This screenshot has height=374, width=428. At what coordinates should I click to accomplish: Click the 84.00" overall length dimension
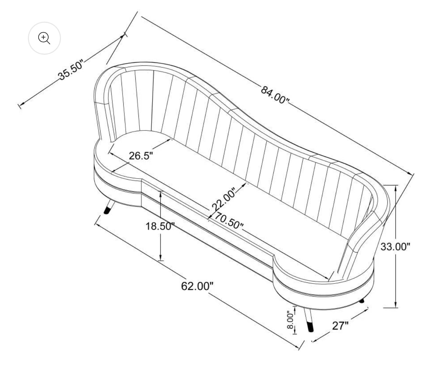point(275,95)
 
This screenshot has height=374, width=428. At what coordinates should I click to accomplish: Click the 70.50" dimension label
point(229,220)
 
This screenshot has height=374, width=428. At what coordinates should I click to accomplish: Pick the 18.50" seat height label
point(160,226)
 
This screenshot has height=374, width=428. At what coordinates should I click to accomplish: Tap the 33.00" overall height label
point(395,247)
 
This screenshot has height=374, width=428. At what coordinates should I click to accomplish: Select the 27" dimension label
point(340,326)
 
